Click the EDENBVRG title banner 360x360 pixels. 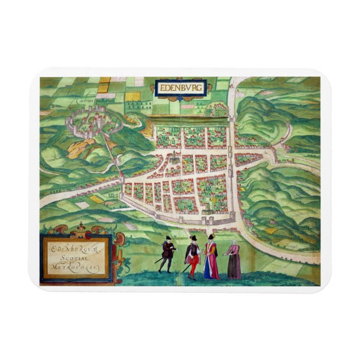pos(181,88)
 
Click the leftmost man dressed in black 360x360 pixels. pos(167,254)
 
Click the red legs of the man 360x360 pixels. pos(192,269)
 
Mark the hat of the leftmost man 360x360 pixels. pos(167,239)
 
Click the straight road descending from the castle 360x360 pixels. pos(112,154)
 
